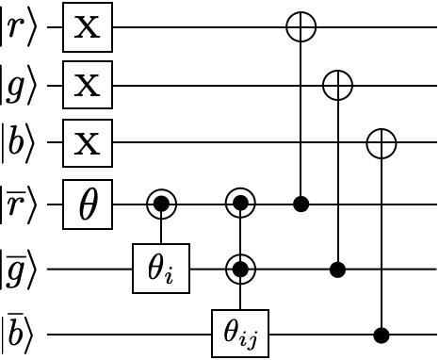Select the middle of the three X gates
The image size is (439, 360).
88,86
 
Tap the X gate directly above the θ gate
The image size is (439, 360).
88,144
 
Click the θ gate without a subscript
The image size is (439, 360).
88,205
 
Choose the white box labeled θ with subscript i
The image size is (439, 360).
161,269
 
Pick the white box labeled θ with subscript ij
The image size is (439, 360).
240,334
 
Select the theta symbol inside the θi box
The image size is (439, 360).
155,267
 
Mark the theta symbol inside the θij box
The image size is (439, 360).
232,331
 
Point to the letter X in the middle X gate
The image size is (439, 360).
88,86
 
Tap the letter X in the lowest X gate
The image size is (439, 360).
88,144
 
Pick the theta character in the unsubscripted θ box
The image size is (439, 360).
88,205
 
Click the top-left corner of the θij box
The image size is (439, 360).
214,312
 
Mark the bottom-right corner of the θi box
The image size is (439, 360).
187,291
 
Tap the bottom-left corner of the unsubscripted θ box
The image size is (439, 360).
65,227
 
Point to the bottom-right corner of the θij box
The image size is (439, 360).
267,355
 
